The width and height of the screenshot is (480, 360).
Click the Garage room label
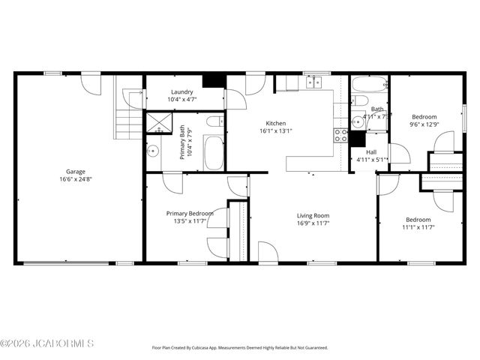75,171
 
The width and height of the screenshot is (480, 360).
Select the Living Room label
313,216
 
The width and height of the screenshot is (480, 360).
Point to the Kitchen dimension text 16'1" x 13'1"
276,131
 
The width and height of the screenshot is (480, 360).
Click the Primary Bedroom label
190,213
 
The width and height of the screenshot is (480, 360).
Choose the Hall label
371,151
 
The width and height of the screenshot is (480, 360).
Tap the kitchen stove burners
341,136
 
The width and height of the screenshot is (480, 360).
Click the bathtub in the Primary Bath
214,153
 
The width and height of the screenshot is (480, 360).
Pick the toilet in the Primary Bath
213,121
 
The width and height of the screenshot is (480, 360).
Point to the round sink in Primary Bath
153,150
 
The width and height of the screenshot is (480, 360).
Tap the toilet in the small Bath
359,100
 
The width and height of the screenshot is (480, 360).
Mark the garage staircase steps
127,122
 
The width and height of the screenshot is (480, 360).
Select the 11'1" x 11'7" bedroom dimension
418,227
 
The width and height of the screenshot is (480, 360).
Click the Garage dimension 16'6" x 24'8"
75,179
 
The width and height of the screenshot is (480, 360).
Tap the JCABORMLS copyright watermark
46,344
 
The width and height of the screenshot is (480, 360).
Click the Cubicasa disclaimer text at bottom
240,348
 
